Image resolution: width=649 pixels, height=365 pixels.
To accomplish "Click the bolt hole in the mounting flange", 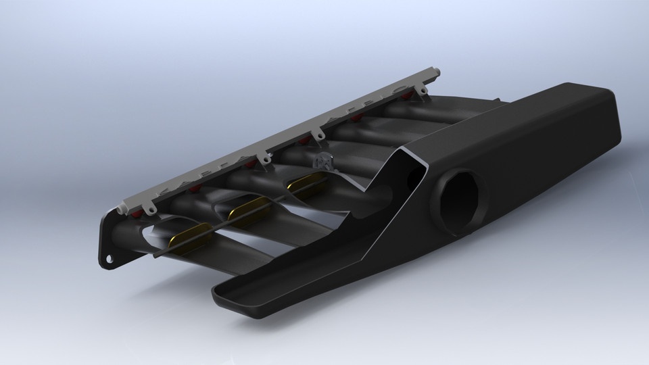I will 108,259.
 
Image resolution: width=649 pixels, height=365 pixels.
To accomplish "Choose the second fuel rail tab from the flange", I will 264,157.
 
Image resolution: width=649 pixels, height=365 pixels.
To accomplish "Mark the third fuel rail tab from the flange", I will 314,133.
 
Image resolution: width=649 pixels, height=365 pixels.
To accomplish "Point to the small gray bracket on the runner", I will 321,162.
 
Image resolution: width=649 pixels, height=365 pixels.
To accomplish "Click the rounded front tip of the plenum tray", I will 220,292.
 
